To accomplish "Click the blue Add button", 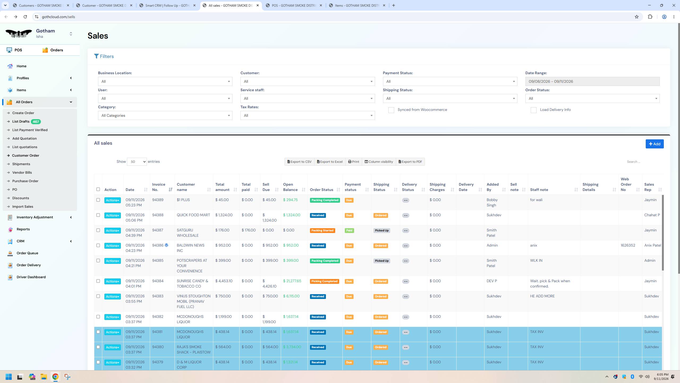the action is pyautogui.click(x=654, y=144).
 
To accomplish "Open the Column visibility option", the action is pyautogui.click(x=379, y=162).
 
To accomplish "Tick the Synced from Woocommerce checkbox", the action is pyautogui.click(x=391, y=110).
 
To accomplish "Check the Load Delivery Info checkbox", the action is pyautogui.click(x=533, y=110).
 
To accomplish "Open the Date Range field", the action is pyautogui.click(x=592, y=81).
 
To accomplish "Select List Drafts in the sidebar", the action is pyautogui.click(x=21, y=122).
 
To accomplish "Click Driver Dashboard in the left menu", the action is pyautogui.click(x=31, y=277).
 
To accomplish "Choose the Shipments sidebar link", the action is pyautogui.click(x=21, y=164).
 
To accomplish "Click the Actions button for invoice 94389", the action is pyautogui.click(x=112, y=200).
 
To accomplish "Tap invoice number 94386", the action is pyautogui.click(x=158, y=245).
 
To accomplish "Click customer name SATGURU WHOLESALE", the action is pyautogui.click(x=188, y=233).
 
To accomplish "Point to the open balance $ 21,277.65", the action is pyautogui.click(x=292, y=281).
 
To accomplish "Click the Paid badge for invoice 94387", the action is pyautogui.click(x=349, y=231).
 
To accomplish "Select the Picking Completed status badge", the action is pyautogui.click(x=324, y=281).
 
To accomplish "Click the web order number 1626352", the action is pyautogui.click(x=628, y=245).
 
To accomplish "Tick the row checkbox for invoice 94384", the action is pyautogui.click(x=98, y=281).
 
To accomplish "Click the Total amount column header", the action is pyautogui.click(x=222, y=187).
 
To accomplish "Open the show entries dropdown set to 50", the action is pyautogui.click(x=137, y=162).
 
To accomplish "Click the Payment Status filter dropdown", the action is pyautogui.click(x=450, y=81).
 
